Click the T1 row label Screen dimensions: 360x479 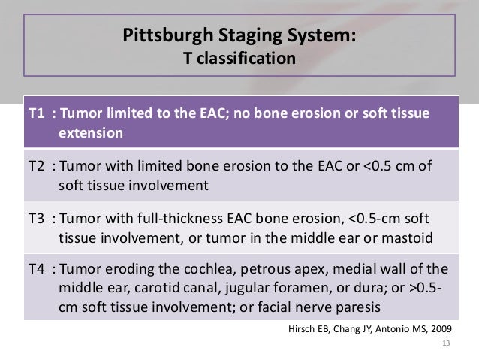36,113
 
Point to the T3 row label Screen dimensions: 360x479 36,220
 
